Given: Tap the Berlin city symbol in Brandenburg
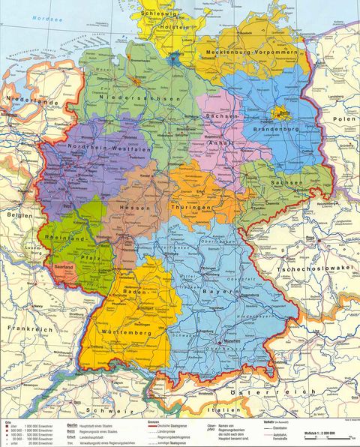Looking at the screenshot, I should pos(283,114).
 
